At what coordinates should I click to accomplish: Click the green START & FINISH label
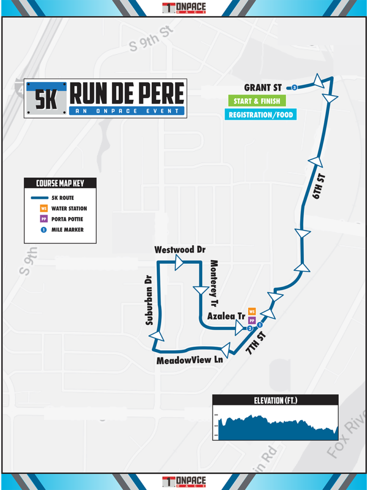coord(257,101)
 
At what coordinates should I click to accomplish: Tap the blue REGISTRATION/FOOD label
coord(260,115)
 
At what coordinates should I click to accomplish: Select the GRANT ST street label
coord(263,88)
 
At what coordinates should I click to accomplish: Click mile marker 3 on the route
coord(294,88)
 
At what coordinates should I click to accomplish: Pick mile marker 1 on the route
coord(259,325)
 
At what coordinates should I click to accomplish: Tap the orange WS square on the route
coord(252,312)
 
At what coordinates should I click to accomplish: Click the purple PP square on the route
coord(252,320)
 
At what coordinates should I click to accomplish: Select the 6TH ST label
coord(319,187)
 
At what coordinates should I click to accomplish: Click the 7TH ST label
coord(254,341)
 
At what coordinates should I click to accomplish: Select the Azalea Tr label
coord(226,316)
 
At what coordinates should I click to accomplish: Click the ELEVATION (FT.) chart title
coord(275,400)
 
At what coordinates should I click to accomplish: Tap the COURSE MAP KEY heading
coord(60,183)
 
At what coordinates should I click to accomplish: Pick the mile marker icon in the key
coord(43,230)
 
